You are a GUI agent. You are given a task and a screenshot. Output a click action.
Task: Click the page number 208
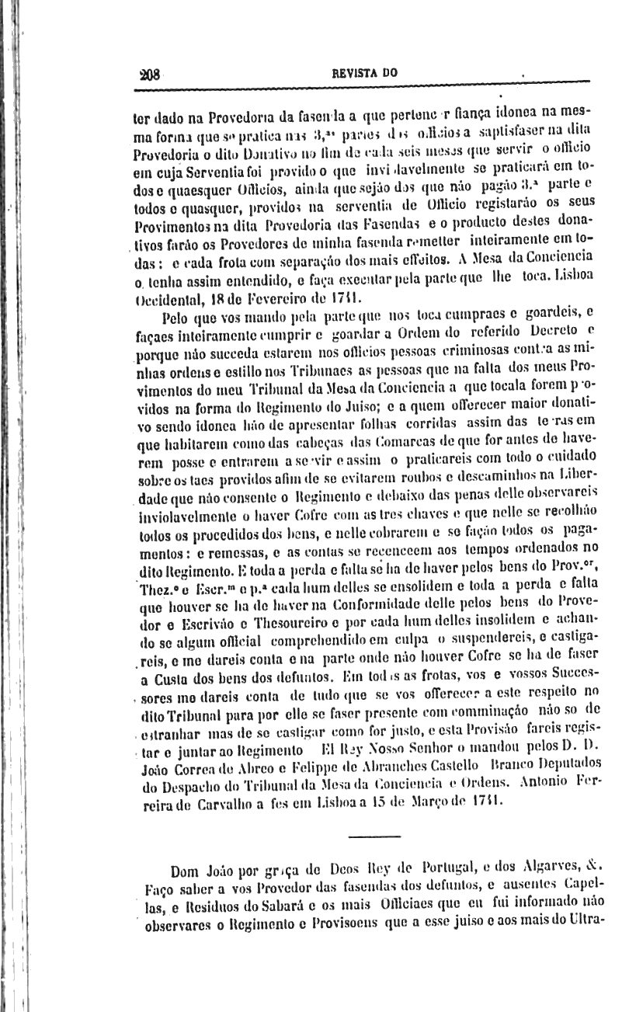pyautogui.click(x=148, y=75)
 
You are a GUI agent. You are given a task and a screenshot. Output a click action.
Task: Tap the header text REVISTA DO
pyautogui.click(x=364, y=73)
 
